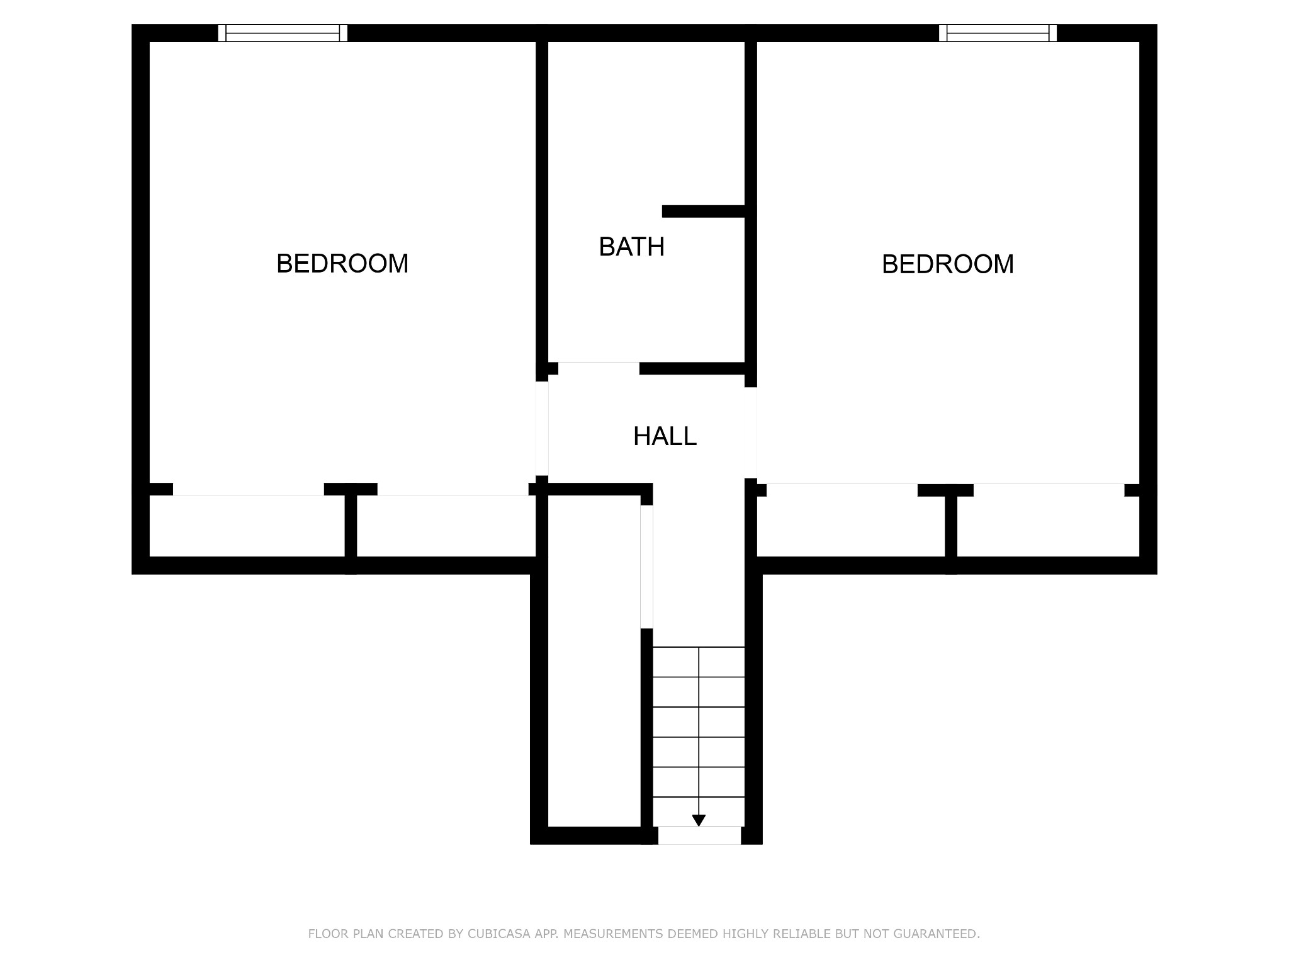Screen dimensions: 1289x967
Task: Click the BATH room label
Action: point(631,247)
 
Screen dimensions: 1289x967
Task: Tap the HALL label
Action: point(665,436)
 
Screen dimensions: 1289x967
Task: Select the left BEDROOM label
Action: point(342,264)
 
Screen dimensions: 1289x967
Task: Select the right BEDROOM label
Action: point(947,264)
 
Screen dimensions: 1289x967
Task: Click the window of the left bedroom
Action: point(283,33)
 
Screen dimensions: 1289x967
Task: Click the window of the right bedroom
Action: point(998,33)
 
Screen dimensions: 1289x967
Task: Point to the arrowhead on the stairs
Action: point(699,820)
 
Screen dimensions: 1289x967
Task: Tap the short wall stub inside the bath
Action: point(704,212)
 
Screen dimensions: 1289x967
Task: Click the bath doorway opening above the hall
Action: point(599,368)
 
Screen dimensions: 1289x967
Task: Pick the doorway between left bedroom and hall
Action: point(542,429)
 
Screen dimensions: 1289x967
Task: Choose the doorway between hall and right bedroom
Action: point(751,433)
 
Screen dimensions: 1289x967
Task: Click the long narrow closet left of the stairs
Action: point(594,661)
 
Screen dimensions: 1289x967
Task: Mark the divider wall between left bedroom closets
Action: point(351,526)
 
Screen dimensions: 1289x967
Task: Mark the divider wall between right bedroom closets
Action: point(951,526)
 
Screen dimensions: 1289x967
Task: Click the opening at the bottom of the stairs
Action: point(699,835)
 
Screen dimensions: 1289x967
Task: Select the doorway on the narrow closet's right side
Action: point(646,567)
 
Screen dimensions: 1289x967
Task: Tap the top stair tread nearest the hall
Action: point(699,662)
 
